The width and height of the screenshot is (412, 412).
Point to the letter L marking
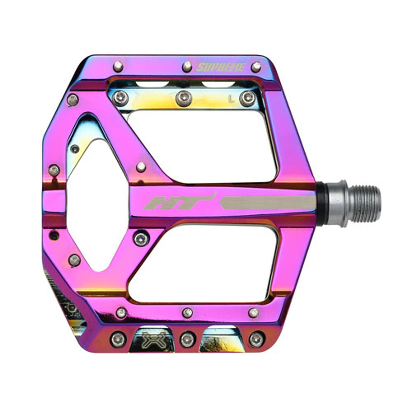coord(231,99)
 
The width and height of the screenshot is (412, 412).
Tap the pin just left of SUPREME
coord(187,66)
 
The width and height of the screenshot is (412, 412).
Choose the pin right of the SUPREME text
coord(256,67)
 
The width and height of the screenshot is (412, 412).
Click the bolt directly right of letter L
coord(248,98)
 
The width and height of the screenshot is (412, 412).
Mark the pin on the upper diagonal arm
coord(141,167)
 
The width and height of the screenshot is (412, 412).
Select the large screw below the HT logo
coord(141,238)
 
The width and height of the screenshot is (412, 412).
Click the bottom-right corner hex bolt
coord(256,339)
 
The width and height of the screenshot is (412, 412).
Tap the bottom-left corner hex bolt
coord(118,339)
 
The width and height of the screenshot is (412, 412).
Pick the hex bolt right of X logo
coord(187,339)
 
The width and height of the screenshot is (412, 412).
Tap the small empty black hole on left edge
coord(54,235)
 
